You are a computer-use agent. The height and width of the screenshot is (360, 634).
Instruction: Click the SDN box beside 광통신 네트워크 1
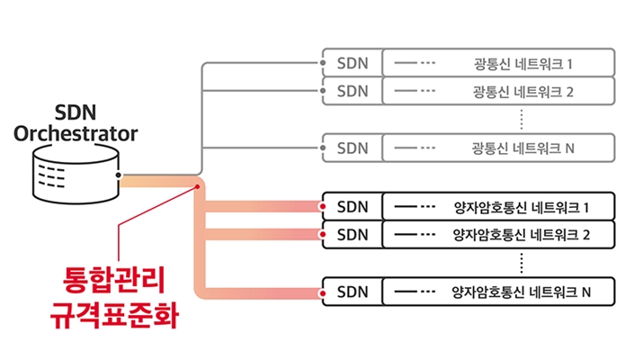[352, 64]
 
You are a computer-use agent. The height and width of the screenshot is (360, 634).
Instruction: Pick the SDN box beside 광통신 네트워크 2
[352, 91]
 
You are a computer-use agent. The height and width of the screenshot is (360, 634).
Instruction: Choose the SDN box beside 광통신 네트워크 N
[352, 147]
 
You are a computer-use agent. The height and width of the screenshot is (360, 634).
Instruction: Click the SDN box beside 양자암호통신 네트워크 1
[352, 207]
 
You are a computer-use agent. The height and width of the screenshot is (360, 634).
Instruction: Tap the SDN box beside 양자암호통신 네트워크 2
[352, 235]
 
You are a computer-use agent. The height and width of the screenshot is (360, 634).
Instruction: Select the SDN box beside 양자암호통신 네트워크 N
[352, 292]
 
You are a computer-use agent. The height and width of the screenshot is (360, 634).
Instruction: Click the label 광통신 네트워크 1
[522, 64]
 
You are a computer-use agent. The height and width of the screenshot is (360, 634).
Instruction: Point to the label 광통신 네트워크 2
[522, 91]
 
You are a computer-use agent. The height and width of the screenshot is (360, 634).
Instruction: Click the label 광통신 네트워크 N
[522, 147]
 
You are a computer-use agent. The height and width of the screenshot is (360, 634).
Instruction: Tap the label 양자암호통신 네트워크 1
[522, 207]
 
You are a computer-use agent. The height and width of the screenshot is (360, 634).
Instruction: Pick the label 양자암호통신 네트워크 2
[522, 235]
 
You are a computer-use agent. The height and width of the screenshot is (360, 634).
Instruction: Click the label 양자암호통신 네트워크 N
[522, 292]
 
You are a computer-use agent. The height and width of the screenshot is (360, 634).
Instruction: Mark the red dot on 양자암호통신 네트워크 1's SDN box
[323, 207]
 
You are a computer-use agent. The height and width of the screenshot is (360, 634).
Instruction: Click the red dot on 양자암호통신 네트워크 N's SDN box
[323, 292]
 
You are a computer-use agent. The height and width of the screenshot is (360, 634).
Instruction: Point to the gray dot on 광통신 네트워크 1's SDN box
[323, 64]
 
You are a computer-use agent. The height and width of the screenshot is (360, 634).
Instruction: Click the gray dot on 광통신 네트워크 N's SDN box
[323, 147]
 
